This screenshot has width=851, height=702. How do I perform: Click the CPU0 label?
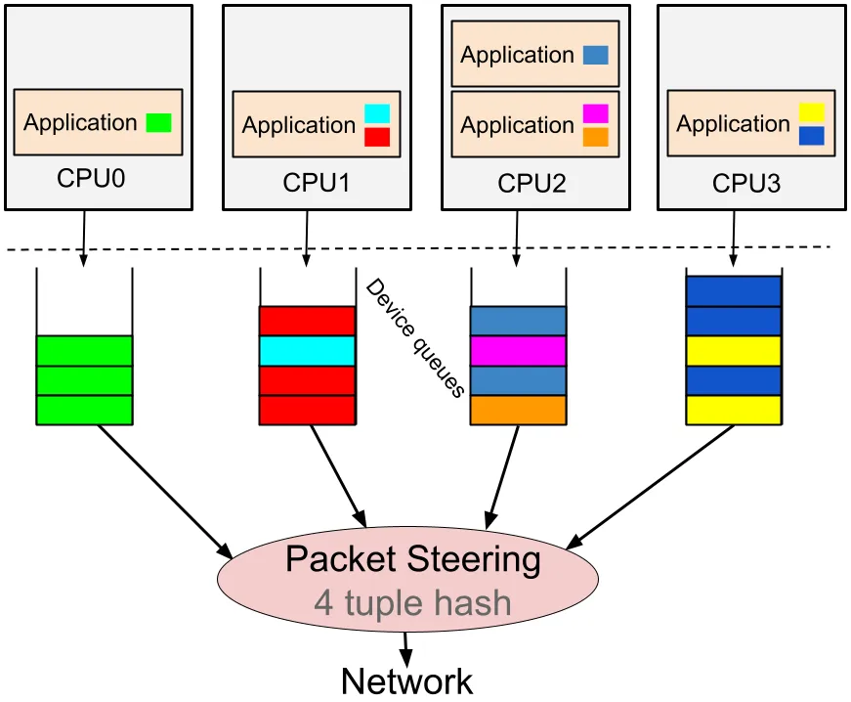(x=91, y=179)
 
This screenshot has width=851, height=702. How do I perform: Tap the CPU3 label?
(x=746, y=183)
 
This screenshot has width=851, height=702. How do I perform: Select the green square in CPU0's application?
(x=158, y=123)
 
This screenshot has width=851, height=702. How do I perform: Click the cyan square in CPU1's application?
(x=377, y=113)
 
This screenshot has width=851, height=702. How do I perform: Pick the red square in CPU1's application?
(x=377, y=136)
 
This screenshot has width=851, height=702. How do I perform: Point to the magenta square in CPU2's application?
(x=595, y=113)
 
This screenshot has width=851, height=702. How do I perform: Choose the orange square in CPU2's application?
(x=595, y=136)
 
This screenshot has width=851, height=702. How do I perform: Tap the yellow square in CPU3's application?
(x=812, y=112)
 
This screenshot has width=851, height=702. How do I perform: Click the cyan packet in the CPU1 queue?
(x=307, y=351)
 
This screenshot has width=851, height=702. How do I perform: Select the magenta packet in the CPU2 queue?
(x=518, y=351)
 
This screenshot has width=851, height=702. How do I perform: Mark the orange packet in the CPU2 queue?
(x=518, y=410)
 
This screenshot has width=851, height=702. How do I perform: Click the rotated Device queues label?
(x=414, y=337)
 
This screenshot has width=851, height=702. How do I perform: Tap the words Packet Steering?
(x=412, y=560)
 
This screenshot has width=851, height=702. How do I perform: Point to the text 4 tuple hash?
(x=412, y=602)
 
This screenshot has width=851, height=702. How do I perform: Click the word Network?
(x=407, y=680)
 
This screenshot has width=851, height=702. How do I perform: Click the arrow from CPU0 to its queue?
(x=82, y=238)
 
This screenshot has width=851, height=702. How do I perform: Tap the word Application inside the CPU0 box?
(x=80, y=123)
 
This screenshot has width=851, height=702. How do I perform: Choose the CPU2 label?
(x=532, y=183)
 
